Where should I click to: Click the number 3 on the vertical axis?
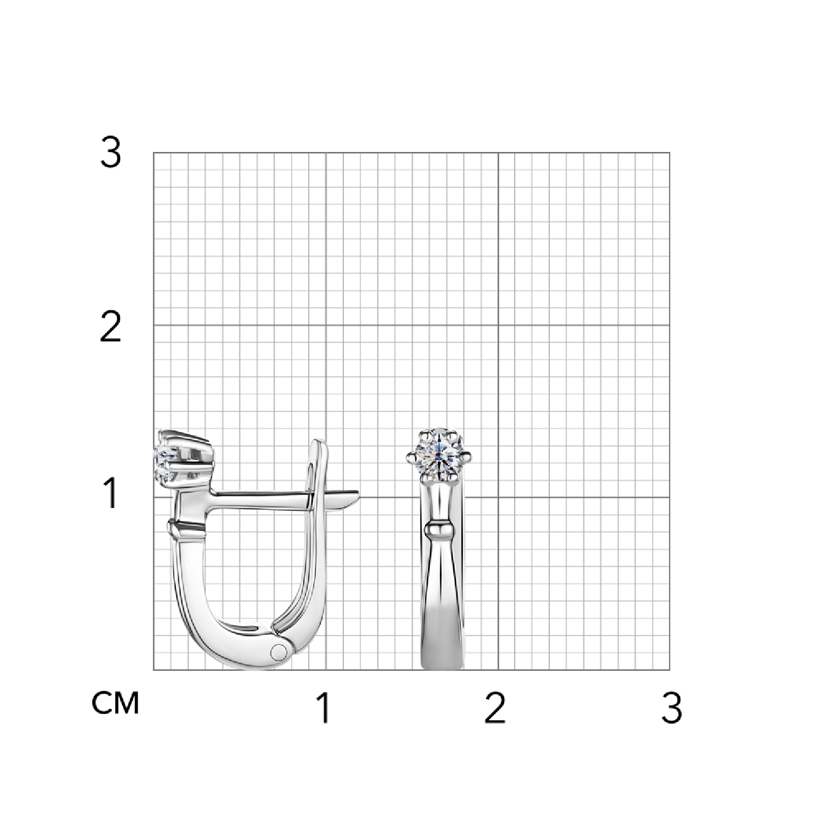(110, 153)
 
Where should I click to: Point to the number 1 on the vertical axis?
(111, 493)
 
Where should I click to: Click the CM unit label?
(116, 703)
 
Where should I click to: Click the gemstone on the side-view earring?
(166, 463)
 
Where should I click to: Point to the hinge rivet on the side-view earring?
(280, 652)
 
